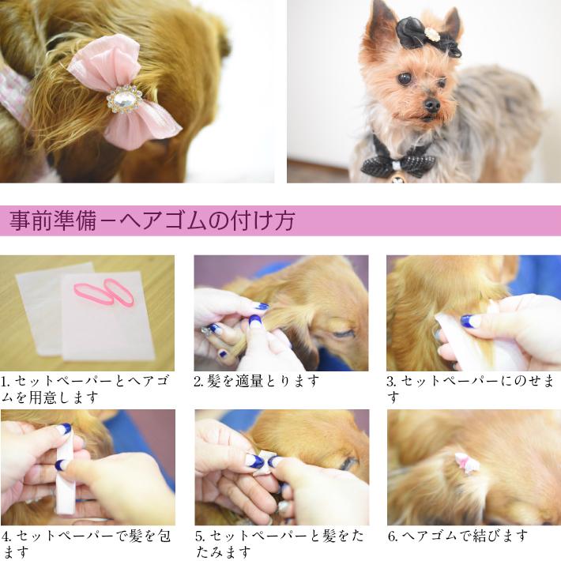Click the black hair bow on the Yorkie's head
(427, 35)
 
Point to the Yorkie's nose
(431, 104)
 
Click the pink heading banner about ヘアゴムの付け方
(280, 220)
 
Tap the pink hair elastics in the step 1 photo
(105, 293)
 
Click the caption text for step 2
(257, 381)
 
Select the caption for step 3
(469, 388)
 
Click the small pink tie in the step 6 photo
(466, 462)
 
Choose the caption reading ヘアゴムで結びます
(458, 536)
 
